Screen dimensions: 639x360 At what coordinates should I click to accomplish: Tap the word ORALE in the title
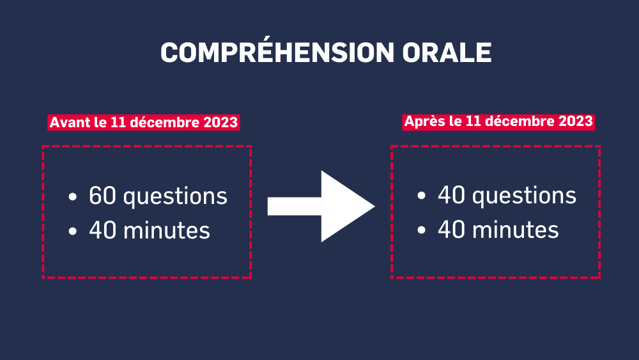[x=447, y=52]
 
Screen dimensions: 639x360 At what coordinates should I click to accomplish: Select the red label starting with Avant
[x=143, y=122]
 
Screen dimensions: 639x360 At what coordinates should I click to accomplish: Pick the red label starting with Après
[x=498, y=121]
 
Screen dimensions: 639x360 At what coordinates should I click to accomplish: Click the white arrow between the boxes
[x=321, y=207]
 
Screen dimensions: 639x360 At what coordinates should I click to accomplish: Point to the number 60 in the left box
[x=103, y=196]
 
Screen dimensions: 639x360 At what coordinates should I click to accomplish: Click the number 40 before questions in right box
[x=452, y=195]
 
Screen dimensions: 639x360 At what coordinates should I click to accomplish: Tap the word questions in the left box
[x=175, y=198]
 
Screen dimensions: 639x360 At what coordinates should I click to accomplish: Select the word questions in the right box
[x=524, y=196]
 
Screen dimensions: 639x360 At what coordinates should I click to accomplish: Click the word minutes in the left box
[x=167, y=230]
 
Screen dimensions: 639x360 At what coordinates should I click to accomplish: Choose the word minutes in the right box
[x=516, y=230]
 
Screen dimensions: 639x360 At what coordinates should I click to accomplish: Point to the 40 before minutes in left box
[x=103, y=230]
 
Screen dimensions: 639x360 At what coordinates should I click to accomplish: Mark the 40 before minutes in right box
[x=452, y=230]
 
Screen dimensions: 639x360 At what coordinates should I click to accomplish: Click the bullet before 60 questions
[x=73, y=197]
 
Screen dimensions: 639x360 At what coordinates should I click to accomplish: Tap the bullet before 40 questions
[x=421, y=196]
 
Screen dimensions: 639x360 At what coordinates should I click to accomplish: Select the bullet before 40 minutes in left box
[x=73, y=231]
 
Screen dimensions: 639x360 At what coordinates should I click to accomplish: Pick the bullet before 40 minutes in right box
[x=421, y=231]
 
